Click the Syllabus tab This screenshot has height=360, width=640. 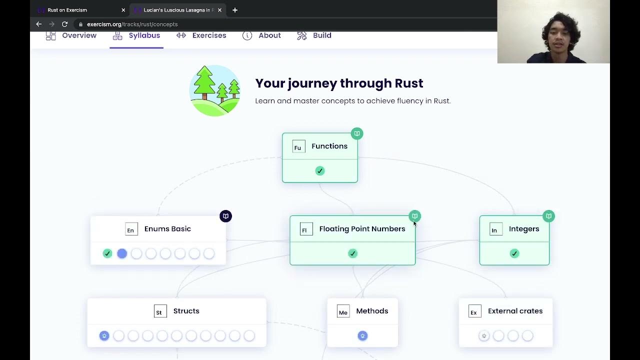136,35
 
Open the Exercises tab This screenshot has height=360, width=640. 201,35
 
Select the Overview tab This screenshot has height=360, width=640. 71,35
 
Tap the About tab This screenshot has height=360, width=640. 261,35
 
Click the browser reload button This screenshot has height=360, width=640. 64,24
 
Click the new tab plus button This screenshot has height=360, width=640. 235,10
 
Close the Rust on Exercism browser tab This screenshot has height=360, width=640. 123,10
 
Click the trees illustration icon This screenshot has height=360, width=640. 215,90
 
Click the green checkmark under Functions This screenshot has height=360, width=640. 320,171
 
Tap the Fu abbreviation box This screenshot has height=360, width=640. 298,147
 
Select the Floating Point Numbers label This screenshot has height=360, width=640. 362,229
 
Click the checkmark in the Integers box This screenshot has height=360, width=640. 514,253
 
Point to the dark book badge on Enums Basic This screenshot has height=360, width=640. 225,216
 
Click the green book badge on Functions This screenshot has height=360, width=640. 356,133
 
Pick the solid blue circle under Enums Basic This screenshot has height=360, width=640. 122,253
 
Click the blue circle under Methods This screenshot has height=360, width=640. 362,336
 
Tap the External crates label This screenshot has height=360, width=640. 515,311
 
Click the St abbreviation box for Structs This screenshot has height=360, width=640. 159,311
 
